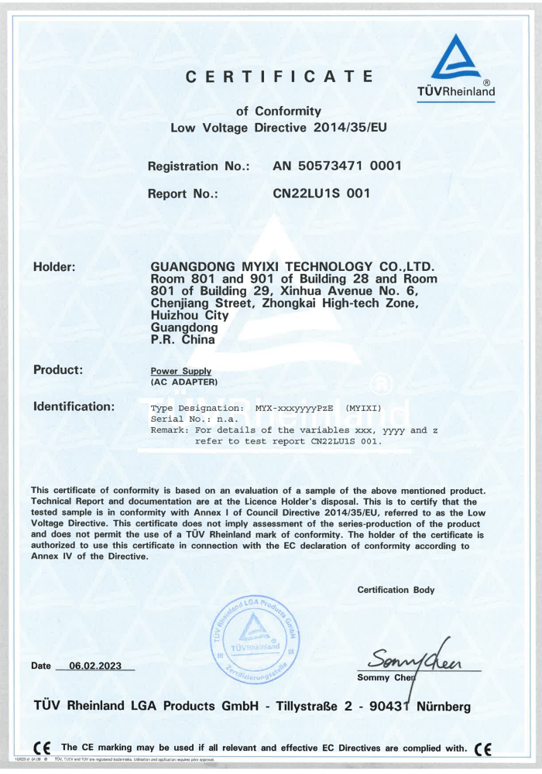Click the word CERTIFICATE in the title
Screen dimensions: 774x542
[x=280, y=77]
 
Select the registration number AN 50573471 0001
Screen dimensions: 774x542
[x=337, y=166]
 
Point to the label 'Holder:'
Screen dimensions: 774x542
[x=54, y=268]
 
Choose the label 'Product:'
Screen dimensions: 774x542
[x=58, y=370]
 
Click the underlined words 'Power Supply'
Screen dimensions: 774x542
[x=180, y=372]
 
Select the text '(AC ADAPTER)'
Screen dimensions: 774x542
[x=184, y=382]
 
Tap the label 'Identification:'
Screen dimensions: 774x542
[x=74, y=406]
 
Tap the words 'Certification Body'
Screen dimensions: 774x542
[x=396, y=590]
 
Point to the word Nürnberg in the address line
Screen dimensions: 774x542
[x=443, y=706]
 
